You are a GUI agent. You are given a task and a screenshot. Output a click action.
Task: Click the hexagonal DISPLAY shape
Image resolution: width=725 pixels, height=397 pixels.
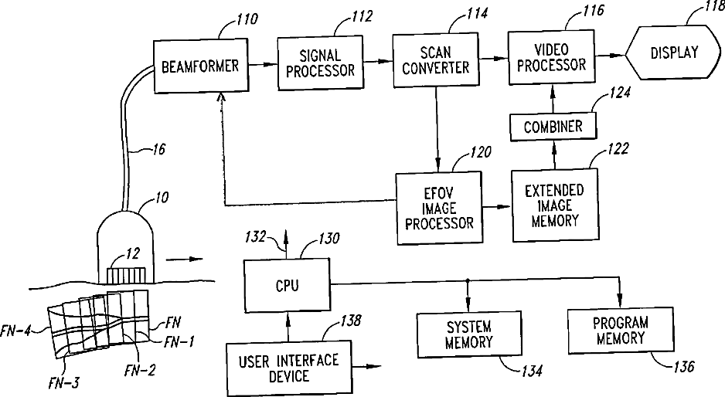click(x=672, y=53)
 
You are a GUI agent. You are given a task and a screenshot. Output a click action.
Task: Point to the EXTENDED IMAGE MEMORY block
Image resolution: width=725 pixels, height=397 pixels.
click(x=553, y=204)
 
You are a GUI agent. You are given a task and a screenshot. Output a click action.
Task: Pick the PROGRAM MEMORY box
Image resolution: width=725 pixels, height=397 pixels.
click(x=619, y=331)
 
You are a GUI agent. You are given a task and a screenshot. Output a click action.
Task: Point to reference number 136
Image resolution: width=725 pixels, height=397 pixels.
click(x=682, y=364)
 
